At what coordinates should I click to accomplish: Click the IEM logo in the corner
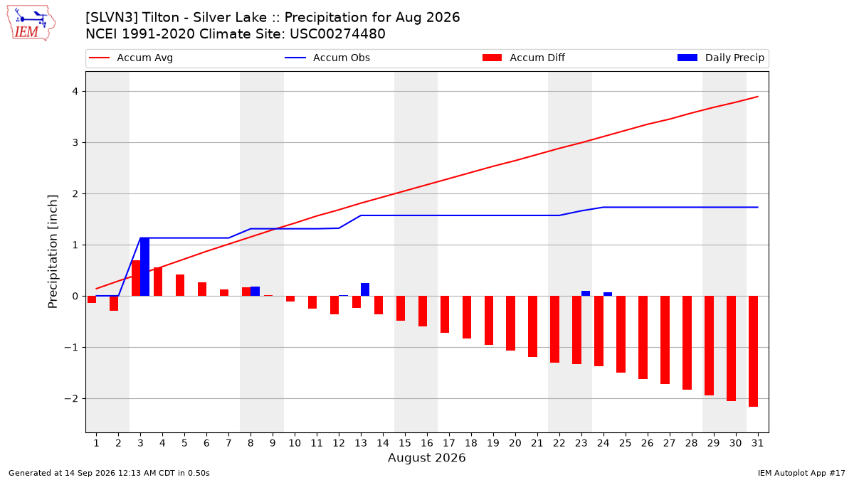[31, 23]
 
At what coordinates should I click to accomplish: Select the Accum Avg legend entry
[131, 58]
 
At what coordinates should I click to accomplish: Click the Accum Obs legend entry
[327, 58]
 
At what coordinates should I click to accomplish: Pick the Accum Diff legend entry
[524, 58]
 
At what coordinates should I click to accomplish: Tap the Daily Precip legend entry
[720, 58]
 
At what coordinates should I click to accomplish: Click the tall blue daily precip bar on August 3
[145, 267]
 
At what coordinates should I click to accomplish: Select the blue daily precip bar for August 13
[365, 289]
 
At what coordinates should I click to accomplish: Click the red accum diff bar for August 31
[753, 351]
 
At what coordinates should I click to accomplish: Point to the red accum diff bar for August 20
[510, 323]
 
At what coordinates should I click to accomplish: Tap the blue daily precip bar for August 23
[586, 293]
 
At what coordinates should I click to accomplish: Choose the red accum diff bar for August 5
[180, 285]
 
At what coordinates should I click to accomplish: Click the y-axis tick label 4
[75, 92]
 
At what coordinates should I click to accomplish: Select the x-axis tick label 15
[405, 443]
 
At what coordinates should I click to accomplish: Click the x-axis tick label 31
[757, 443]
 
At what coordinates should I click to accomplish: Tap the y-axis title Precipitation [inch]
[53, 252]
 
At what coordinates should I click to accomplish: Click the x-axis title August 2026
[426, 457]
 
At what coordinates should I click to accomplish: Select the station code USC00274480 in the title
[337, 34]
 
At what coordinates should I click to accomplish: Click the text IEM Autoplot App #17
[801, 473]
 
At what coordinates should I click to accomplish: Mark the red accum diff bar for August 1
[92, 299]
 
